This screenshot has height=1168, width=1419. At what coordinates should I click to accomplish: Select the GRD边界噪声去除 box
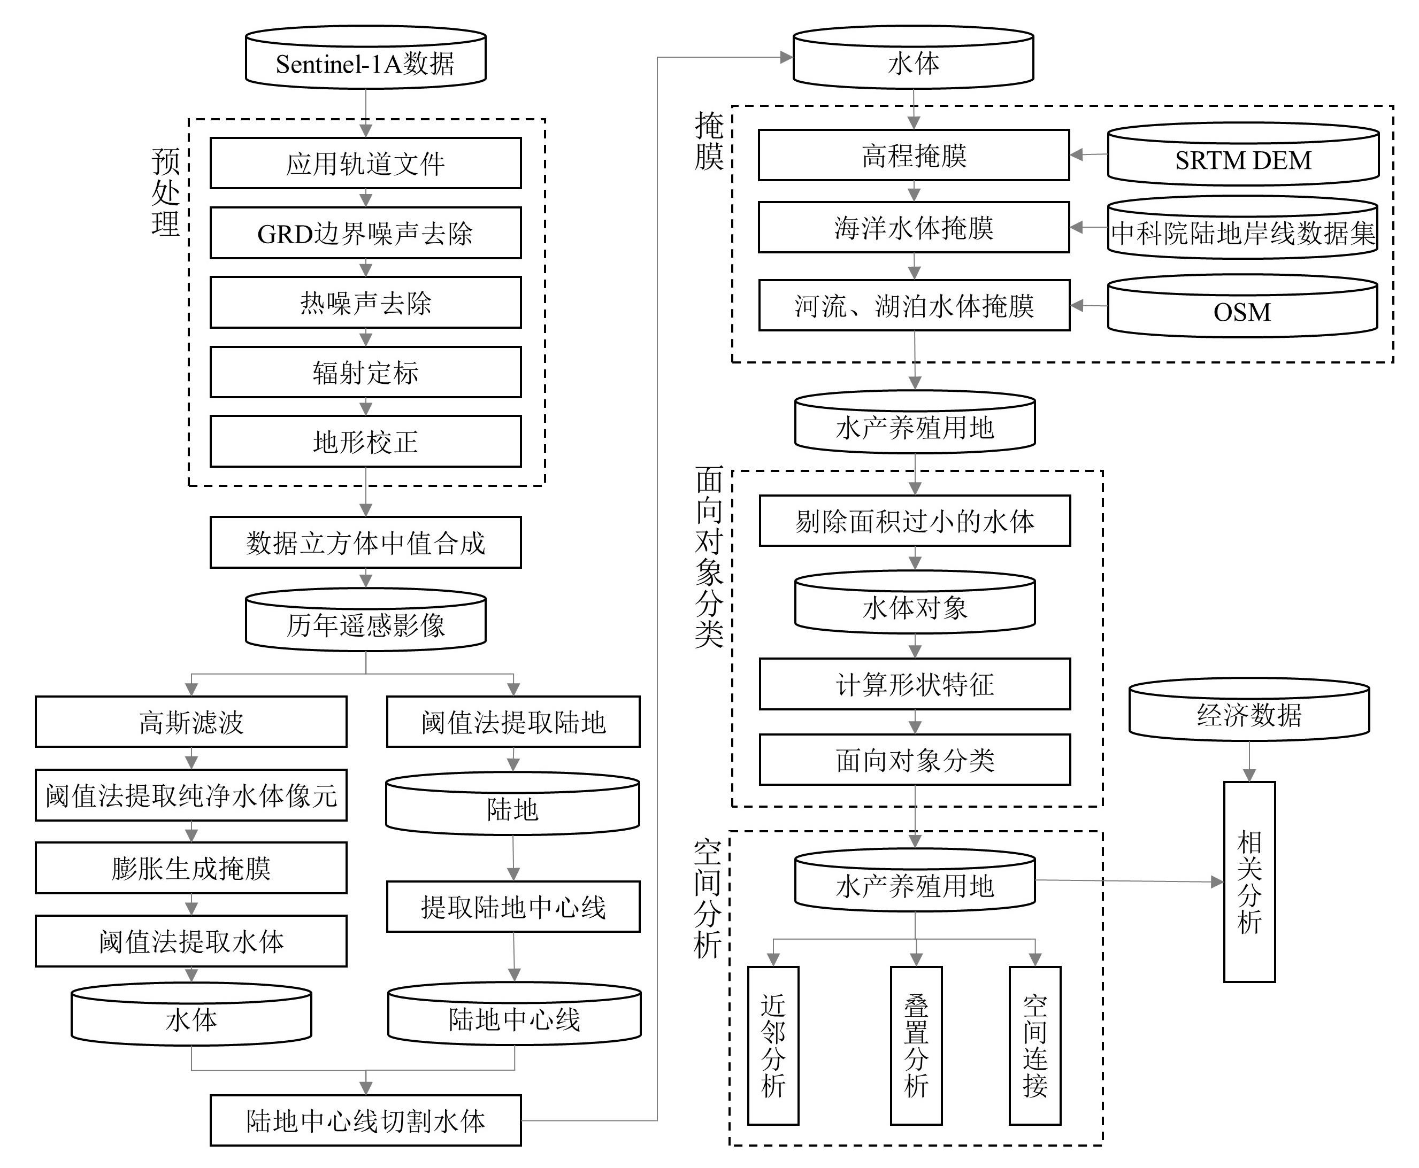point(365,233)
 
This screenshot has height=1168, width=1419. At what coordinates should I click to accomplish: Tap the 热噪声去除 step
point(365,302)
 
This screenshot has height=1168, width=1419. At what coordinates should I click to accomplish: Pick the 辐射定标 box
point(365,372)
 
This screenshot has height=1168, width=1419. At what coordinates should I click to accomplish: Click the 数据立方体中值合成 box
point(365,542)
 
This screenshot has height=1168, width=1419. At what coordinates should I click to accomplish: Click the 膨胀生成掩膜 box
point(190,868)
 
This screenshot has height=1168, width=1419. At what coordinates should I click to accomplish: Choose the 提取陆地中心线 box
point(513,906)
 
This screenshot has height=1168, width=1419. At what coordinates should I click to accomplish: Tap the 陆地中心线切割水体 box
point(365,1121)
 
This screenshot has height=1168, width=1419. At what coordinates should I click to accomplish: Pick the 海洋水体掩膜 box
point(914,227)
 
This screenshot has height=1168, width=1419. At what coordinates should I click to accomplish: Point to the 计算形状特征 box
point(914,684)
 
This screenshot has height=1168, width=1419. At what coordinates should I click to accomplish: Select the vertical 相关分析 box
point(1249,881)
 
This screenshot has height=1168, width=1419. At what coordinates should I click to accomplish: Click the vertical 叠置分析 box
point(916,1046)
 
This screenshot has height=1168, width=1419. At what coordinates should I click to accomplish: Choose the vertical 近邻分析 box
point(773,1046)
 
